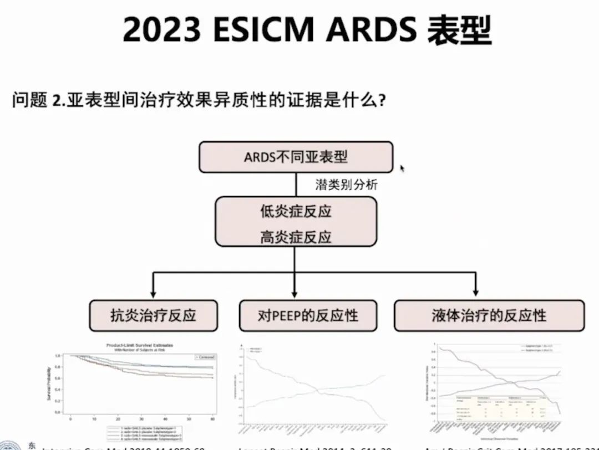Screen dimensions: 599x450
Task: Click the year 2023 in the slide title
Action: pos(161,30)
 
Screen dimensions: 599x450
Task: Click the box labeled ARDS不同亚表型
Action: pos(296,157)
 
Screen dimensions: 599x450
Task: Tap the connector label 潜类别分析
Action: pos(346,185)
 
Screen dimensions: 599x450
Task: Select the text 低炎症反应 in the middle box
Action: pos(296,212)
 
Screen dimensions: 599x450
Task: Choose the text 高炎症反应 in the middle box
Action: pos(296,237)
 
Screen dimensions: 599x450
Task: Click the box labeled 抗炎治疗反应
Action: pos(153,316)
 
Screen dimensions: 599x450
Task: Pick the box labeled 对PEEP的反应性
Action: pos(308,316)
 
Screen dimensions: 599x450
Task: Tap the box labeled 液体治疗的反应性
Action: pos(489,316)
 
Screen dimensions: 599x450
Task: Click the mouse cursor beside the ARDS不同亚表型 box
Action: pos(402,168)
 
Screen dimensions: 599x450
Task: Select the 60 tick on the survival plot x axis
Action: pos(212,418)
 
